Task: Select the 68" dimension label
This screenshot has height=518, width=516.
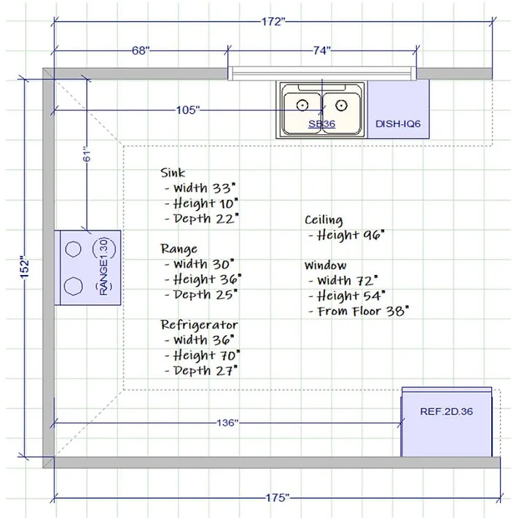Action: click(141, 50)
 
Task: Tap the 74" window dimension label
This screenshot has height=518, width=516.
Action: click(321, 50)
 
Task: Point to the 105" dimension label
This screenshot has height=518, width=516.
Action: click(188, 110)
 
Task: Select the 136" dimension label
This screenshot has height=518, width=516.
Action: click(226, 422)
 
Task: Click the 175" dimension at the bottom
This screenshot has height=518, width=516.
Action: click(277, 498)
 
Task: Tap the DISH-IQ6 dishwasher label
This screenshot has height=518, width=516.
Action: click(398, 124)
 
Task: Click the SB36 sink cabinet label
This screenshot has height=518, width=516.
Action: click(321, 124)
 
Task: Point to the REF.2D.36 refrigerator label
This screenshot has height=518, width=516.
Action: click(447, 411)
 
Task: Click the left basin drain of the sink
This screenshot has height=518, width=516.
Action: click(301, 105)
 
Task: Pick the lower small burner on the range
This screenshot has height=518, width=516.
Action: click(72, 285)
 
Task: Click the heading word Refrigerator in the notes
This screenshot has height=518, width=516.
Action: click(199, 325)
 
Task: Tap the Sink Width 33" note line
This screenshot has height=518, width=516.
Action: click(203, 188)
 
